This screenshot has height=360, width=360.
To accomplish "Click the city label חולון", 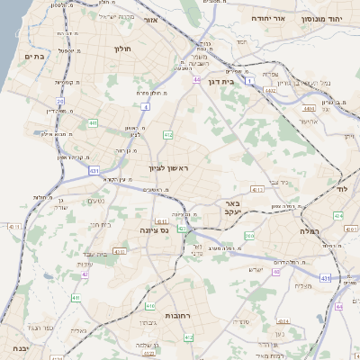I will tap(123, 49).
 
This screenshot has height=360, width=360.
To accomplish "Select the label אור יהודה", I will tap(265, 18).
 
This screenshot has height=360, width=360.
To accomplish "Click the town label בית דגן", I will tap(240, 80).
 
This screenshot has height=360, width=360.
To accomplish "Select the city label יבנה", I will tap(16, 347).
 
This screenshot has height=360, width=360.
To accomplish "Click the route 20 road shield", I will tap(60, 102).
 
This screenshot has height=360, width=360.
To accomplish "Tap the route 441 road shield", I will tap(94, 122).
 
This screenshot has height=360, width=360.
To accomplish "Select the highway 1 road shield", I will tap(247, 81).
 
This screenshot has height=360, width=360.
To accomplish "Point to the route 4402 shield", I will tap(271, 90).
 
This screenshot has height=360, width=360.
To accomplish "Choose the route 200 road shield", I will tap(248, 236).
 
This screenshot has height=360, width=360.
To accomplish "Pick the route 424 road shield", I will tap(338, 216).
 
